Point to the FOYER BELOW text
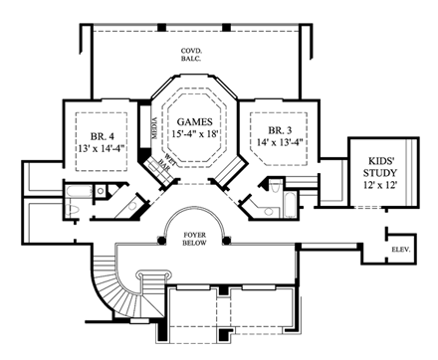pos(193,242)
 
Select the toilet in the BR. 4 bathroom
pos(77,207)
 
